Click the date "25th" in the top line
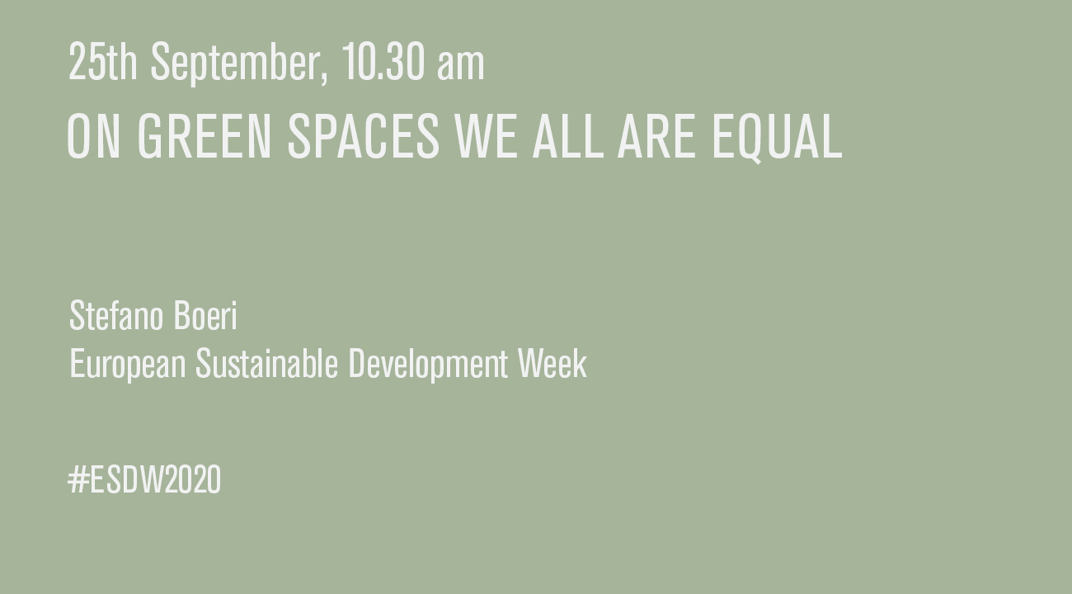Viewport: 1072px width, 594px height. click(x=103, y=61)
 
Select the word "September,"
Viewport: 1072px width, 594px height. click(x=240, y=64)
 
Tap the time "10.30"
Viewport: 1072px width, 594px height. click(x=383, y=61)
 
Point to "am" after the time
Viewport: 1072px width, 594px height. click(x=460, y=67)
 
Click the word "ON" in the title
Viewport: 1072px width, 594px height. click(x=93, y=136)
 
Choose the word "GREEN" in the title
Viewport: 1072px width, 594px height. click(x=205, y=136)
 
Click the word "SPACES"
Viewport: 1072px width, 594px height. click(x=363, y=136)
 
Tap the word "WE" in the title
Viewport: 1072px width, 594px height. click(x=487, y=136)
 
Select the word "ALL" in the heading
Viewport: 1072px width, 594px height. click(x=568, y=136)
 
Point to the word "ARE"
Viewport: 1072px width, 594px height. click(x=656, y=136)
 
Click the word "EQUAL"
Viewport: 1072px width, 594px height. click(x=777, y=139)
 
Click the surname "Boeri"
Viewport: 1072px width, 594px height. click(x=205, y=316)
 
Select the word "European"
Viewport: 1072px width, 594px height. click(x=127, y=365)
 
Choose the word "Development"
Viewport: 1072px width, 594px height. click(x=428, y=365)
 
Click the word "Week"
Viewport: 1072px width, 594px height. click(x=552, y=363)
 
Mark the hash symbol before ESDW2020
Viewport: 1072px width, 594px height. click(x=78, y=479)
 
